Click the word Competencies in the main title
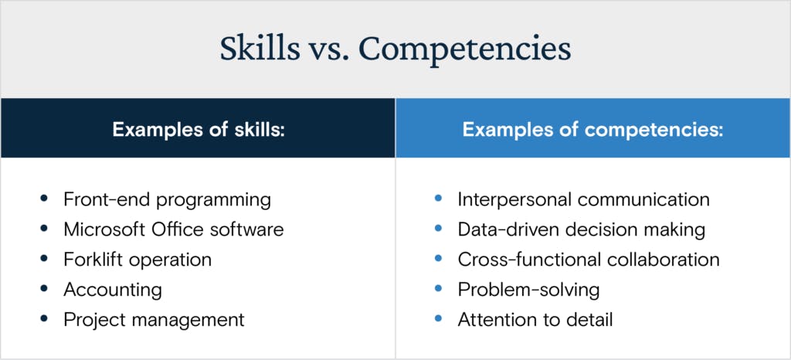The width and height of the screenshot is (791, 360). (464, 50)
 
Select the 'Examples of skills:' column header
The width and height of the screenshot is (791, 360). (199, 129)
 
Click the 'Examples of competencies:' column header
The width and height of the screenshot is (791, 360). (593, 130)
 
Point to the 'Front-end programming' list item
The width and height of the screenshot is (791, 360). (167, 200)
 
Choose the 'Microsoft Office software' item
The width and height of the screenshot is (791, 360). (174, 229)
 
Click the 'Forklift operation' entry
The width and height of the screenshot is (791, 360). (137, 260)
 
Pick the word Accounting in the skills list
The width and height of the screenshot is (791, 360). (113, 290)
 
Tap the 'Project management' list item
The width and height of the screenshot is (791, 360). (154, 320)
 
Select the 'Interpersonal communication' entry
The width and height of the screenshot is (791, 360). (584, 200)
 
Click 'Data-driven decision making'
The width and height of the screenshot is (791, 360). (582, 230)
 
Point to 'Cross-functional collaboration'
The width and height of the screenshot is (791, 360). (589, 260)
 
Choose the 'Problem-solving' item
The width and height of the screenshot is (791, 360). (528, 290)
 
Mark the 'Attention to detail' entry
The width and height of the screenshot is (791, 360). (535, 320)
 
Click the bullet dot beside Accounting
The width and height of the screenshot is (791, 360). (44, 289)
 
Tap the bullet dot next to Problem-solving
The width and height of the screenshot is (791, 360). (438, 289)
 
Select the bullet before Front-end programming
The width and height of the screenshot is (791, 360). (44, 199)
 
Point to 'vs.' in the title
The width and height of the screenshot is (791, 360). (324, 53)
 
